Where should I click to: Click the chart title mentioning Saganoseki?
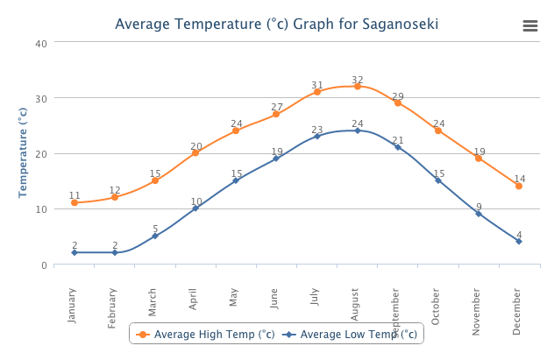(x=277, y=24)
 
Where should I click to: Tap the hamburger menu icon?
(x=529, y=25)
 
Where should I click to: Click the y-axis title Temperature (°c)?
(x=24, y=152)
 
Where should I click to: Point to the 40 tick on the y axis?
(x=41, y=42)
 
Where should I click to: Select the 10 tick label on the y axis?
(x=41, y=209)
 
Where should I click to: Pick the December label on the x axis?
(x=518, y=314)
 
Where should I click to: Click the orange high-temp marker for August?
(x=357, y=86)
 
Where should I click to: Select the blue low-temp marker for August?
(x=357, y=131)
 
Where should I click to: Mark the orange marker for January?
(x=75, y=202)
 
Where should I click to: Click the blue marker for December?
(x=519, y=241)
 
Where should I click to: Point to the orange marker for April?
(x=195, y=152)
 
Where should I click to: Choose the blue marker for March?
(x=155, y=236)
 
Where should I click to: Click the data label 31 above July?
(x=316, y=86)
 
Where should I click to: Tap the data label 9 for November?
(x=479, y=208)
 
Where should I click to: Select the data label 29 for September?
(x=397, y=96)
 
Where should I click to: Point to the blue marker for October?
(x=438, y=180)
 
